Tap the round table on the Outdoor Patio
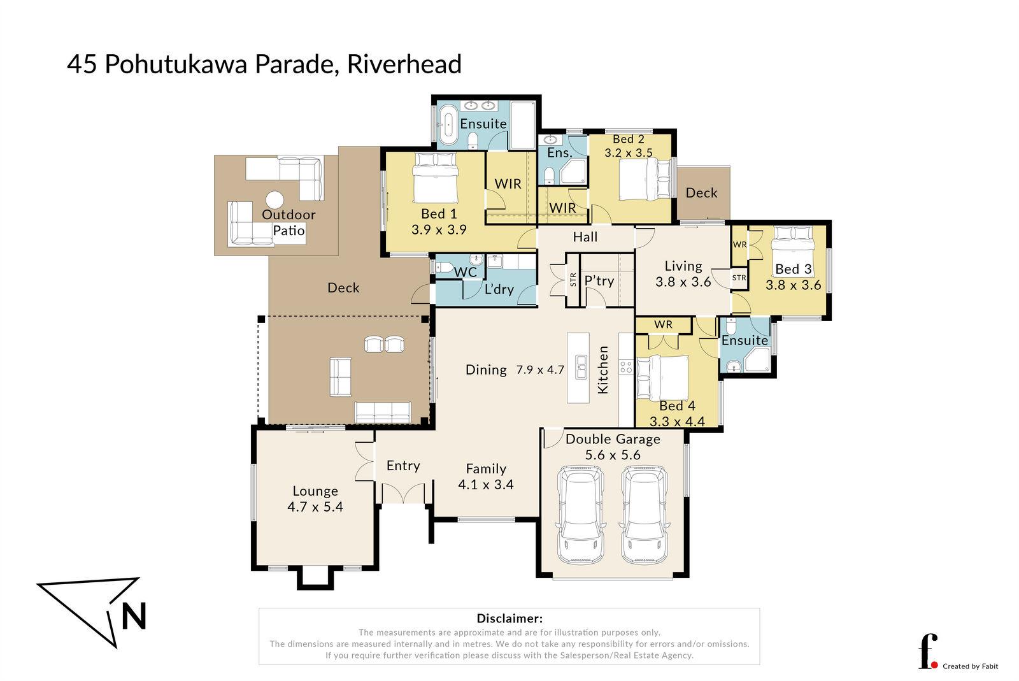(274, 199)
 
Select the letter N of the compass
(134, 616)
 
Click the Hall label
(585, 237)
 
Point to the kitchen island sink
(581, 367)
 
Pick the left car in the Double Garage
(581, 514)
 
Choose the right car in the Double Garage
(645, 514)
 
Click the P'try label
(599, 281)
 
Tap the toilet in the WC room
(444, 267)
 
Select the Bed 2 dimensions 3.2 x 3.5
(628, 153)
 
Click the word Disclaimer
(509, 619)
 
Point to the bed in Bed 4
(663, 377)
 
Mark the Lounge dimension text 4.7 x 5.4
(315, 507)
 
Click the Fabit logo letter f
(927, 651)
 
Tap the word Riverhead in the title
(404, 64)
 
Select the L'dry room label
(499, 289)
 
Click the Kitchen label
(602, 370)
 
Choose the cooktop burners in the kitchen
(626, 367)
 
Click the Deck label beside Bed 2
(701, 193)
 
